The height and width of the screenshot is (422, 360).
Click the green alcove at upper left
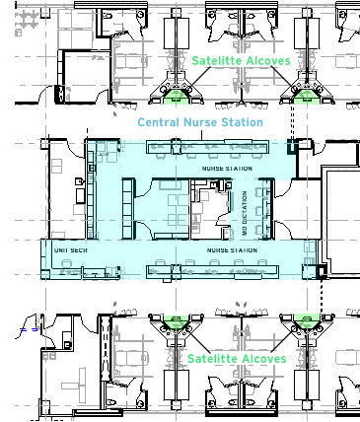pos(175,97)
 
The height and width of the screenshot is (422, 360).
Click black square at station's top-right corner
pos(290,148)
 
